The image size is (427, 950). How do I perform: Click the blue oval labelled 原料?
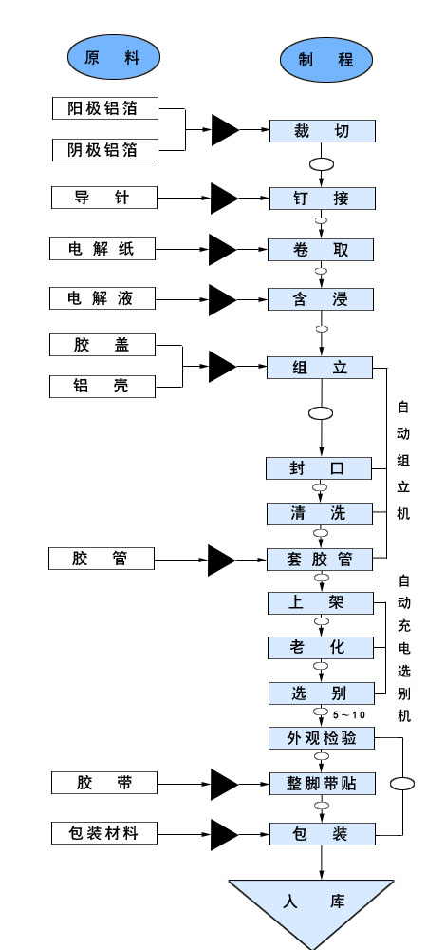pos(112,57)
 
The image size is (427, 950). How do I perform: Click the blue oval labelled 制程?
pos(325,59)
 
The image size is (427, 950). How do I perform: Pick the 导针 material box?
pos(102,198)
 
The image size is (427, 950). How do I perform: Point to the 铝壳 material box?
pos(102,386)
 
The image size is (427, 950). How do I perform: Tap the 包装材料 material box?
pos(102,833)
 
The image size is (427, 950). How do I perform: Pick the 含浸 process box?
pos(321,299)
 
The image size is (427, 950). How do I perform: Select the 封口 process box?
pos(319,468)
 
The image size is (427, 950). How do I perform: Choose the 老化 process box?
pos(319,648)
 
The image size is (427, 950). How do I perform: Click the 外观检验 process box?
pos(321,737)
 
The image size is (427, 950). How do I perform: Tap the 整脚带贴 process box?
pos(321,784)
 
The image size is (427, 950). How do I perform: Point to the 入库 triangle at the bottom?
pos(311,902)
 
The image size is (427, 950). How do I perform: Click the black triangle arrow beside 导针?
pos(224,198)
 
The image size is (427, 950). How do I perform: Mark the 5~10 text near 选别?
pos(348,714)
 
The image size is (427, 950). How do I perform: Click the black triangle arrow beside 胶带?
pos(224,784)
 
